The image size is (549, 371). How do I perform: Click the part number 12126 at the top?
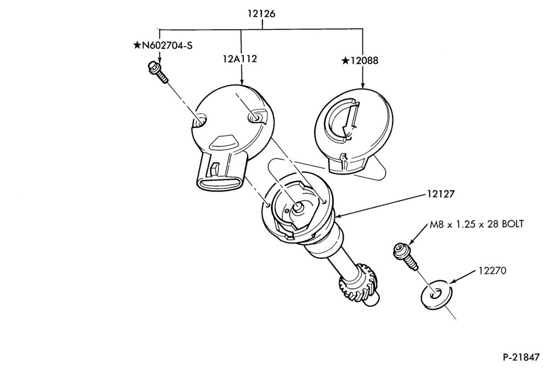point(261,14)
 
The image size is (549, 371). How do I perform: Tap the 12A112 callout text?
point(240,59)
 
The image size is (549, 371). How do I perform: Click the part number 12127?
point(440,194)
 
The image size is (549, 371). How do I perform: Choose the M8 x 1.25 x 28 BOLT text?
point(477,224)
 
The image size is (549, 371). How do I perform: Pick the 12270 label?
point(492,271)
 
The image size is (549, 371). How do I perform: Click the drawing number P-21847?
point(522,357)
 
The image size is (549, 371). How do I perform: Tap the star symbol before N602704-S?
point(137,45)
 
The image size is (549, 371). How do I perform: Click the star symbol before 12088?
point(345,61)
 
